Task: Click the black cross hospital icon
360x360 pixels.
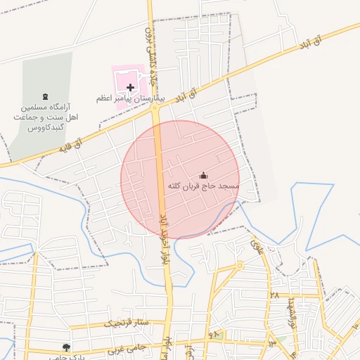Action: point(130,87)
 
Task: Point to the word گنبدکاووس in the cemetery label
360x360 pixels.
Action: point(46,129)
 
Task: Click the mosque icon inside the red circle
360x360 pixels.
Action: point(204,175)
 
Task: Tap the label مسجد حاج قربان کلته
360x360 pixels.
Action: point(204,186)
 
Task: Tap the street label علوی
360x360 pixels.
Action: point(255,246)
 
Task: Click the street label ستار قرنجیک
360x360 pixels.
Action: point(127,323)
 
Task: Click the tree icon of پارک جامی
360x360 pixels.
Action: point(66,347)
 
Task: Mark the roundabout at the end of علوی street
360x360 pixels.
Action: point(240,266)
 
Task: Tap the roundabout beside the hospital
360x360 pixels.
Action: point(153,107)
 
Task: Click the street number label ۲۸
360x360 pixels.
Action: point(274,295)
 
